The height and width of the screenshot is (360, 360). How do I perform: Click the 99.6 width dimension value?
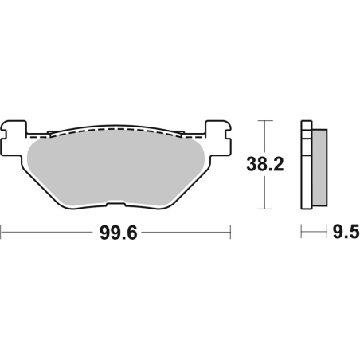(x=117, y=233)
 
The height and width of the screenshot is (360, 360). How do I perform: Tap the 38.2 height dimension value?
(x=265, y=165)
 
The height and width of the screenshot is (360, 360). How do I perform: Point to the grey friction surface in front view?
(x=116, y=171)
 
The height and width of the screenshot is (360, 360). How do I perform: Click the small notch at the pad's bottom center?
(x=116, y=206)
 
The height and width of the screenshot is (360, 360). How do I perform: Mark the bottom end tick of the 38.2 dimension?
(x=265, y=210)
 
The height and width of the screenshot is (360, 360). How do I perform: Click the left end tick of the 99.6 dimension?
(x=2, y=233)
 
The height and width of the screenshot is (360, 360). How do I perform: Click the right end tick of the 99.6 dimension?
(x=231, y=233)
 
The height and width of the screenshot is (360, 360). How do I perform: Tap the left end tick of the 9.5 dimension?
(x=301, y=233)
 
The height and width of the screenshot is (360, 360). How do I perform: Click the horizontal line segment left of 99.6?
(x=48, y=233)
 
